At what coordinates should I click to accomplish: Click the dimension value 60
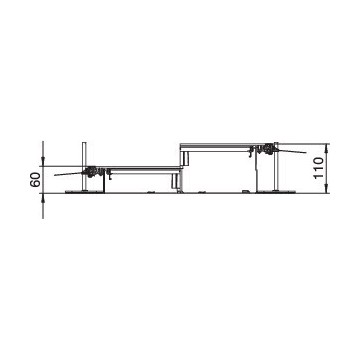[x=36, y=180]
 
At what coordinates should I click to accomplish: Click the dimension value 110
[x=319, y=168]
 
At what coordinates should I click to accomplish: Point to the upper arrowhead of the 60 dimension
[x=43, y=162]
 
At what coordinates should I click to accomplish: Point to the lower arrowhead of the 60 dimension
[x=43, y=197]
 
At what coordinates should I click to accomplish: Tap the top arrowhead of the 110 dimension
[x=326, y=148]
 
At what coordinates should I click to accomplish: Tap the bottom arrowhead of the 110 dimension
[x=326, y=189]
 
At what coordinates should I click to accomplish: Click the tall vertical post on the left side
[x=84, y=166]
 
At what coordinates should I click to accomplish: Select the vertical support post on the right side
[x=276, y=167]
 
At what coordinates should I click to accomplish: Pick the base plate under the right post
[x=276, y=192]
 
